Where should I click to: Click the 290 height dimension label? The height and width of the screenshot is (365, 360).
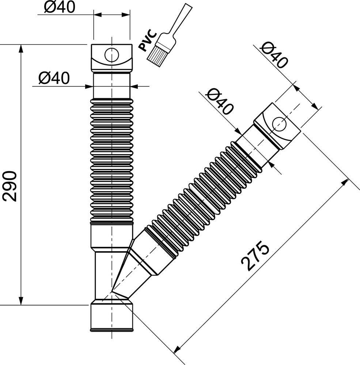point(10,186)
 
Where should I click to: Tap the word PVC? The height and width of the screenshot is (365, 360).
point(148,40)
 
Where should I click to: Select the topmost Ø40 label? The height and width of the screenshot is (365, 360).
point(60,7)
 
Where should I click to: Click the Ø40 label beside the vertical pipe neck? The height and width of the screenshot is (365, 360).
point(54,78)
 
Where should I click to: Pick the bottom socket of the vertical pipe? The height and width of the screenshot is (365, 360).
point(112,315)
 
